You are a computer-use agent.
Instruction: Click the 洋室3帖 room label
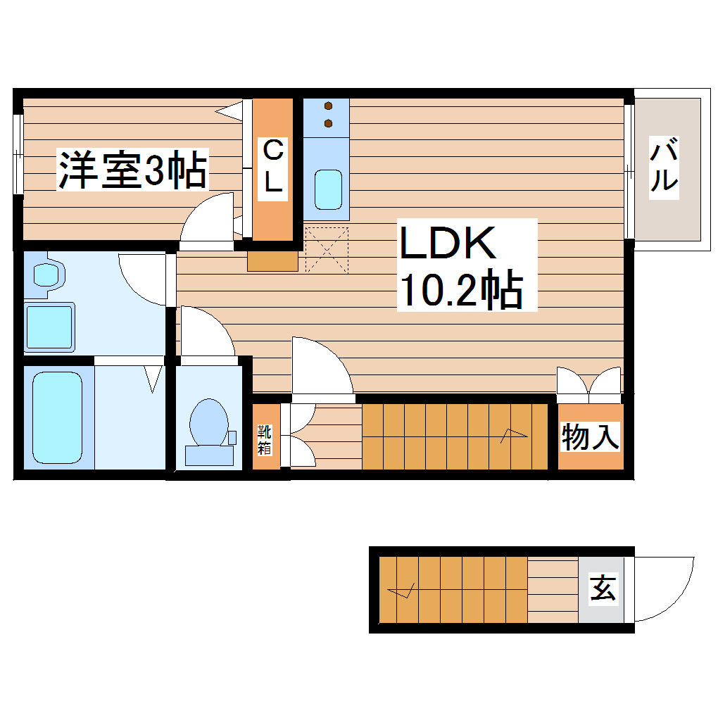132,171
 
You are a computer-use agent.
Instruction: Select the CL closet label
273,167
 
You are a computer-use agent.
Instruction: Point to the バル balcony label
663,166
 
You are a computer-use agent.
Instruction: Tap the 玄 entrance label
603,588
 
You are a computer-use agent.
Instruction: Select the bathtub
58,417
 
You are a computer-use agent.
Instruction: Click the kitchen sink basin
327,189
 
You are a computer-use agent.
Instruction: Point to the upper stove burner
328,107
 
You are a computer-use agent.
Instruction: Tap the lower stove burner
328,124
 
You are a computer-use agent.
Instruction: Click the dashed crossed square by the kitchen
327,249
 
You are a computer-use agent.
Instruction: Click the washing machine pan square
50,327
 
